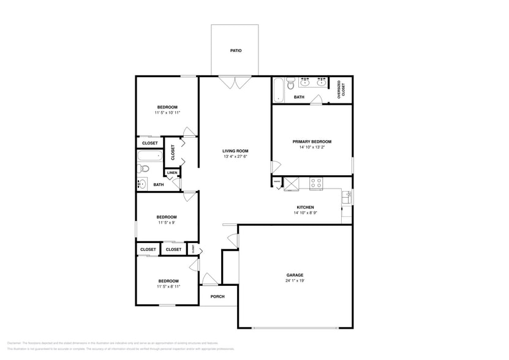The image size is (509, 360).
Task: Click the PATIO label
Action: pyautogui.click(x=235, y=51)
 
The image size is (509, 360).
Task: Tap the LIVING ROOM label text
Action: pyautogui.click(x=235, y=151)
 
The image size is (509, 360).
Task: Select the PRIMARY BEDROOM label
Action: pyautogui.click(x=312, y=141)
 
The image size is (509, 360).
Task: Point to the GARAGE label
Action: pyautogui.click(x=295, y=275)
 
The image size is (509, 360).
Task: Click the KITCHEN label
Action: pyautogui.click(x=305, y=208)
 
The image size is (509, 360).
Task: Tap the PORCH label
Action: pyautogui.click(x=217, y=296)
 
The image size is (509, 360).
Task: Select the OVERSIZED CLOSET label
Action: pyautogui.click(x=343, y=88)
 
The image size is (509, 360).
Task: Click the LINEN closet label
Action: pyautogui.click(x=172, y=173)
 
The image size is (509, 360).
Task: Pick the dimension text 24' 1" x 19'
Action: pyautogui.click(x=295, y=281)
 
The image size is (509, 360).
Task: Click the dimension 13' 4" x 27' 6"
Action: pyautogui.click(x=235, y=157)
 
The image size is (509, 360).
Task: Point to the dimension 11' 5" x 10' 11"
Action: pyautogui.click(x=167, y=113)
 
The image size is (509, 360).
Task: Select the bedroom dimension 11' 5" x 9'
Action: pyautogui.click(x=166, y=223)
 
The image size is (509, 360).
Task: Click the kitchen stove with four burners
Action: pyautogui.click(x=316, y=182)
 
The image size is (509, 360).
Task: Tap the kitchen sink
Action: pyautogui.click(x=347, y=197)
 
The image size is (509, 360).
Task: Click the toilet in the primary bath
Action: pyautogui.click(x=291, y=84)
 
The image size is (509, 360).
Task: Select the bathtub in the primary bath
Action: pyautogui.click(x=278, y=90)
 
